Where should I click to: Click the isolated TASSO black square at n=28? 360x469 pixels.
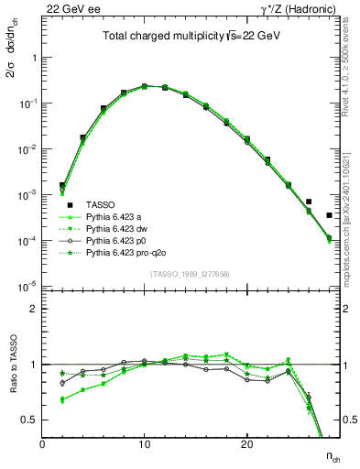click(x=329, y=215)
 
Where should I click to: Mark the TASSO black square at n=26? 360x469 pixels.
click(x=309, y=202)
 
